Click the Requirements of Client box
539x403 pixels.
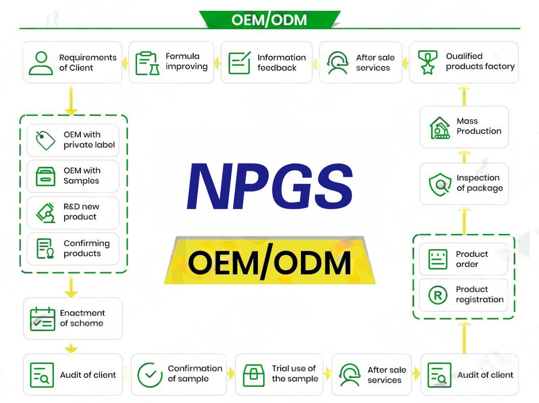(72, 62)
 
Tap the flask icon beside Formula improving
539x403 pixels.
(147, 62)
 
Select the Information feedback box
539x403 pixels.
(266, 62)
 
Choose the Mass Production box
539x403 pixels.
(464, 127)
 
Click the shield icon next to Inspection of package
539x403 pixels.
(440, 184)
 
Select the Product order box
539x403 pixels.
(463, 259)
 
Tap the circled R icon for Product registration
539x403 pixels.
(438, 295)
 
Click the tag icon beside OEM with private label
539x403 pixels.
(45, 140)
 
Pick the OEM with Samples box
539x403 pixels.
(73, 176)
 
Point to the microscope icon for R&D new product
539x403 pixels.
(45, 212)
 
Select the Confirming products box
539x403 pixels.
(73, 248)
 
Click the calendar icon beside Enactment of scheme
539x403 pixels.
(43, 319)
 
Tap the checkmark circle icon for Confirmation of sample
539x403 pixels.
(150, 374)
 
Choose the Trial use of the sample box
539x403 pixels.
(282, 374)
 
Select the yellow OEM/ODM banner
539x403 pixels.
(269, 262)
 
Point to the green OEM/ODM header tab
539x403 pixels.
(269, 20)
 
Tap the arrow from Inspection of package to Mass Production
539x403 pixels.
(464, 155)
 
